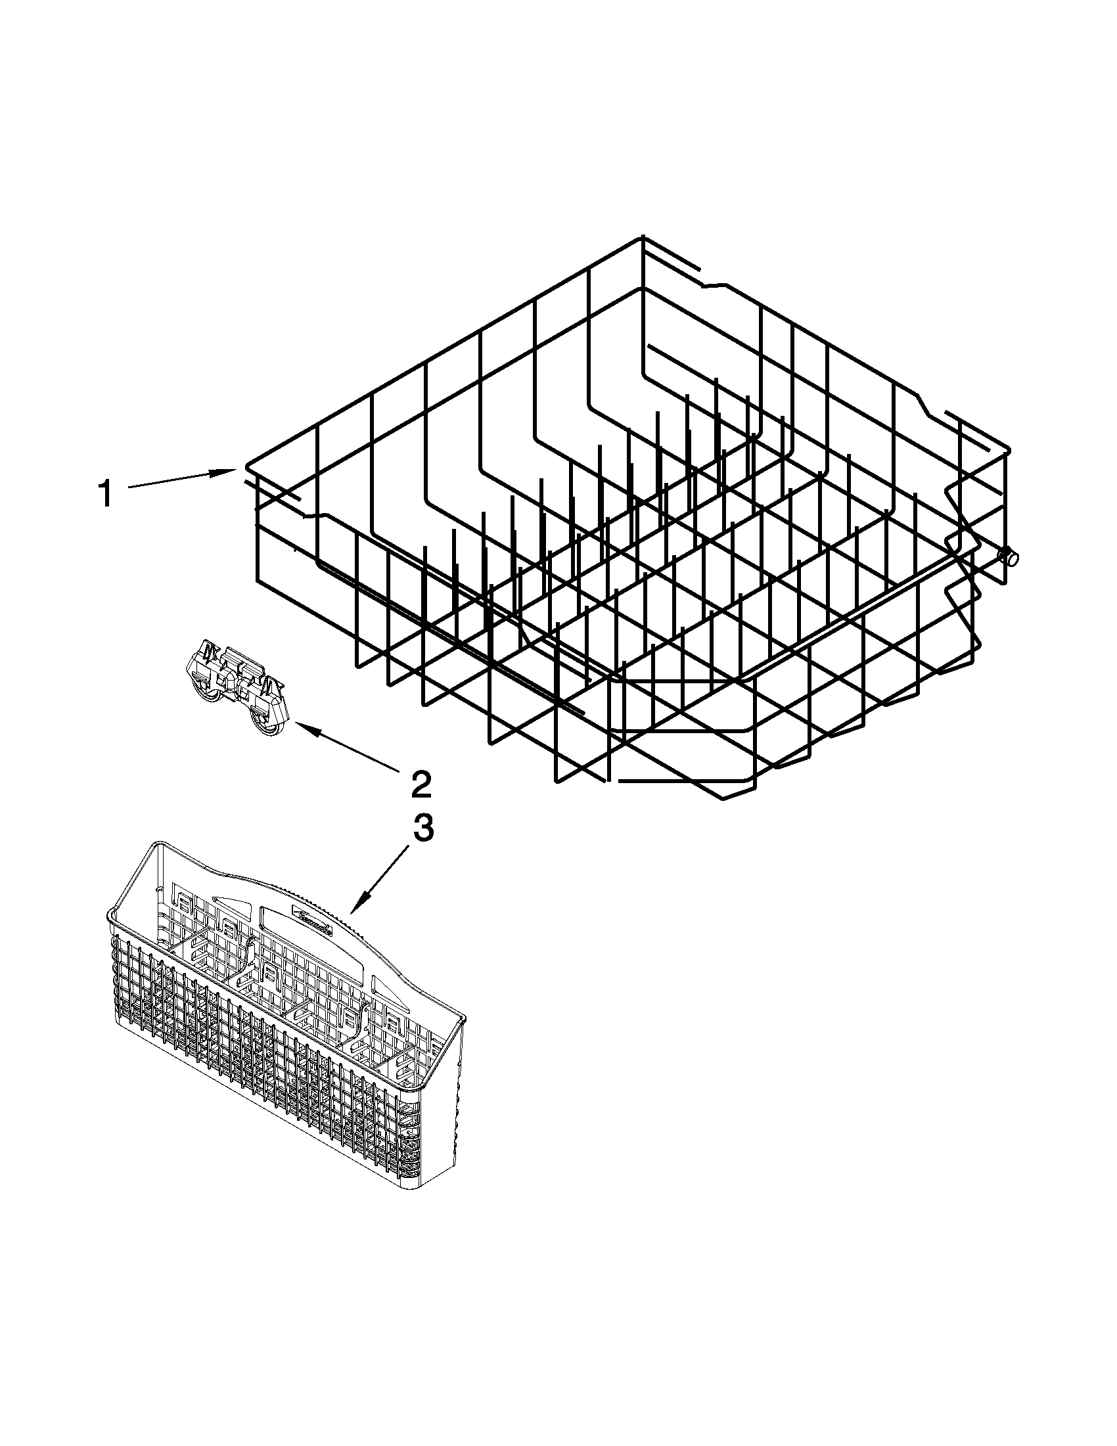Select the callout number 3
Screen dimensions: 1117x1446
424,828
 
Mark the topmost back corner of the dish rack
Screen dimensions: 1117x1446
641,237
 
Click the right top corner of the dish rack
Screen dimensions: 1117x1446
1008,449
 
